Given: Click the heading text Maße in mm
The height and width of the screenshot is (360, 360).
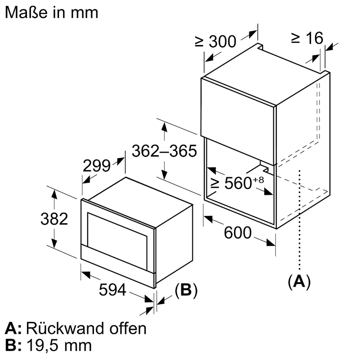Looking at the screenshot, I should coord(51,12).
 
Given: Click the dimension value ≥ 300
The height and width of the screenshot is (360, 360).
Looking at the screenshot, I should coord(215,41).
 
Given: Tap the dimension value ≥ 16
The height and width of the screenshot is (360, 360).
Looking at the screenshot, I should coord(307,38).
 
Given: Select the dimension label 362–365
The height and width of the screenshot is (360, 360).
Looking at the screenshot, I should coord(164,151).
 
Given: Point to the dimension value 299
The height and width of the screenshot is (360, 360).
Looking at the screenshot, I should coord(97,166).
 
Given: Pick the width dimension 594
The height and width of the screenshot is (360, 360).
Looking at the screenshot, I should coord(112,291).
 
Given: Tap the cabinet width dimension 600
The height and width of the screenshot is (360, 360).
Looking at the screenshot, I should coord(237,233).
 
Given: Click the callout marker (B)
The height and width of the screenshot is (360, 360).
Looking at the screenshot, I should coord(186,291).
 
